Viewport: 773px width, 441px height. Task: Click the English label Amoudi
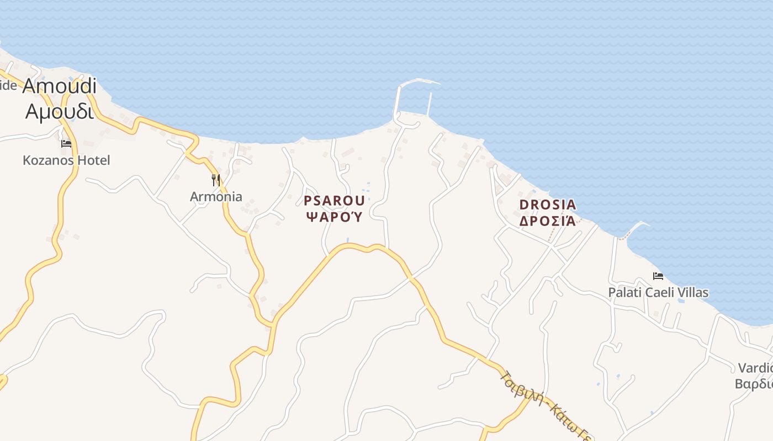pos(60,86)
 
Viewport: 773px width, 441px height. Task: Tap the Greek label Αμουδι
pos(60,111)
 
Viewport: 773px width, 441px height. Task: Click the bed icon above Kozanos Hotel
pos(66,144)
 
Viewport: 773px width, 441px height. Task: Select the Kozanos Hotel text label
pos(66,160)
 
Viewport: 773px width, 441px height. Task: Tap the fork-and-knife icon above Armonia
pos(216,180)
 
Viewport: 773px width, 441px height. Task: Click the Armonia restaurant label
pos(216,197)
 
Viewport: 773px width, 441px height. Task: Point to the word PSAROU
pos(334,201)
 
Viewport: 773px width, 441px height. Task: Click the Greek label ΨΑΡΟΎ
pos(334,217)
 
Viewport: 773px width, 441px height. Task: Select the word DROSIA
pos(548,205)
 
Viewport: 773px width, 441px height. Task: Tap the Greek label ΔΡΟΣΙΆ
pos(548,222)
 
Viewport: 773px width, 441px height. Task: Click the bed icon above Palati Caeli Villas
pos(658,276)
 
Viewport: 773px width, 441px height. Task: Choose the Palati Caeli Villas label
pos(658,293)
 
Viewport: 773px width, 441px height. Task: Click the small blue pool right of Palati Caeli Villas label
pos(681,301)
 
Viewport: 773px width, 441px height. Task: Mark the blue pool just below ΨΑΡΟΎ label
pos(347,240)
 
